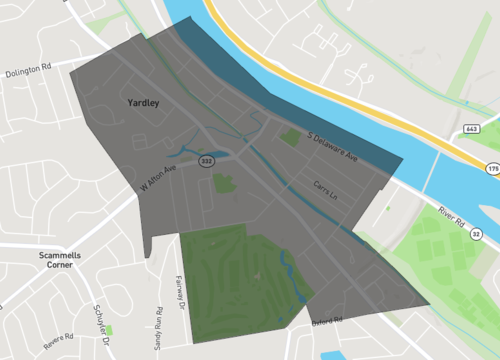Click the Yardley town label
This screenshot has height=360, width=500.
[145, 103]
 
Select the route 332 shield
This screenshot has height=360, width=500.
[206, 161]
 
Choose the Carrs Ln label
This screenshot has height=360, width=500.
[328, 187]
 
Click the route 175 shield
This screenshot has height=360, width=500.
[491, 171]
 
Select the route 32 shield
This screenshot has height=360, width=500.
[477, 234]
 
